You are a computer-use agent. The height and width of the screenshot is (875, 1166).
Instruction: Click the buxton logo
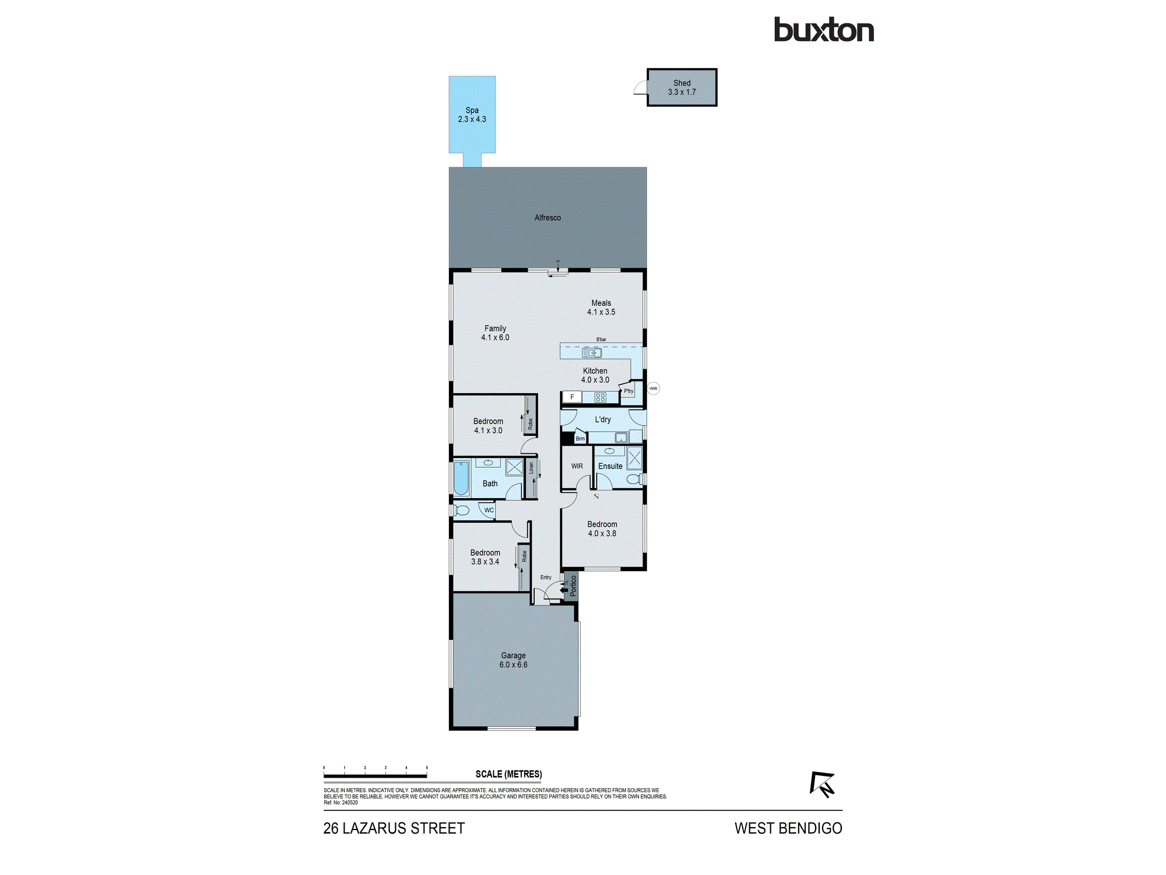[x=824, y=30]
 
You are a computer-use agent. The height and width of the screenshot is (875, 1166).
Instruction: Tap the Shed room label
[x=682, y=83]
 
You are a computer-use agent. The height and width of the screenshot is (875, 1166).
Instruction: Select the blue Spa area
[x=472, y=114]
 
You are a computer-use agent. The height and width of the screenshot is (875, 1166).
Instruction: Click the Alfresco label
[x=547, y=218]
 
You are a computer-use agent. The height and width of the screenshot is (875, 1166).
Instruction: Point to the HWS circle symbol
[x=654, y=388]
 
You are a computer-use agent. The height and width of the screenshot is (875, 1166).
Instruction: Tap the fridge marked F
[x=572, y=397]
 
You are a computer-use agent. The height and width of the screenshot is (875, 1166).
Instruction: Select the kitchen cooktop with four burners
[x=600, y=398]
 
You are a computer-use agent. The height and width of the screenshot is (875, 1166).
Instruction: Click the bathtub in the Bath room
[x=461, y=478]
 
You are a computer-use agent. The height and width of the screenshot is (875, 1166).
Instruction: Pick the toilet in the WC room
[x=462, y=511]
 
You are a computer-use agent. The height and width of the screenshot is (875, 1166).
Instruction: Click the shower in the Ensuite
[x=634, y=458]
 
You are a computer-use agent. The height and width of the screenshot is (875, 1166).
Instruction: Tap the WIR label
[x=577, y=466]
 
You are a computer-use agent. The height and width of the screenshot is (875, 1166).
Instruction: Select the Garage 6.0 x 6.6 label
[x=513, y=660]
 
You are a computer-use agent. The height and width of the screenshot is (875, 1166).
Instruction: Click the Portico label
[x=573, y=586]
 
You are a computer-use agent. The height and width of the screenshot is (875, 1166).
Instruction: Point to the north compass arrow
[x=822, y=784]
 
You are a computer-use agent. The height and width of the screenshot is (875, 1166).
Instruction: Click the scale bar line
[x=375, y=776]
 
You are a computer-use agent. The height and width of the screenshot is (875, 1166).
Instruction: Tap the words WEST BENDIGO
[x=788, y=828]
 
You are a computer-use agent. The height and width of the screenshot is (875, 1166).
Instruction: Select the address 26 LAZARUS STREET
[x=394, y=828]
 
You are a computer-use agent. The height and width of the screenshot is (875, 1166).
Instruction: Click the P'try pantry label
[x=628, y=391]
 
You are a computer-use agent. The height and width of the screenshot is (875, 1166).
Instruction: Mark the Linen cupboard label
[x=531, y=468]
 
